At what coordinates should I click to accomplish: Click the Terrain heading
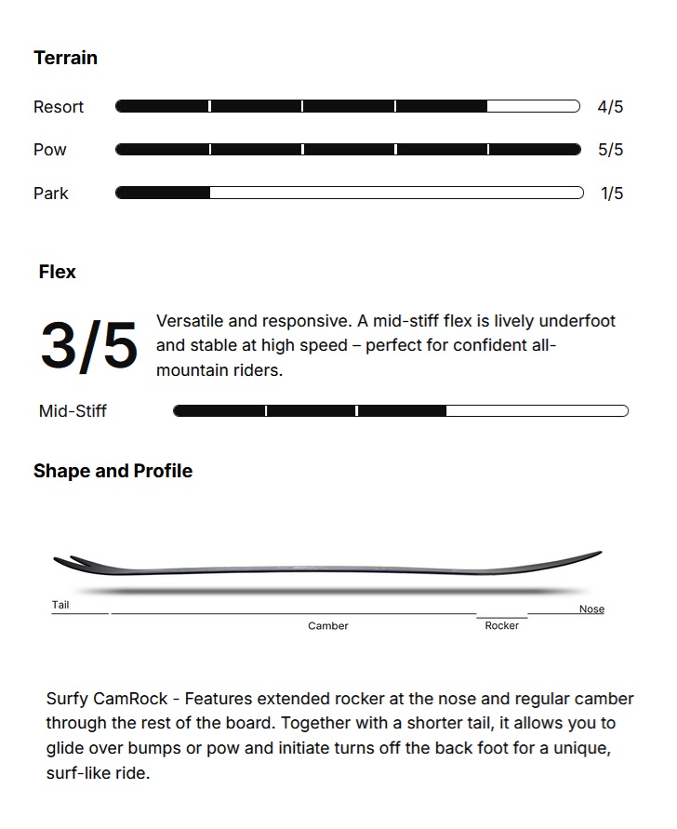click(65, 58)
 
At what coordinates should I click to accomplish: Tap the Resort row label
click(59, 107)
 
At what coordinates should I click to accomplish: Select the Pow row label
click(50, 150)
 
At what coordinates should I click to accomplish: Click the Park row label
click(51, 194)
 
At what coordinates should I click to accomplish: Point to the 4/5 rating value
click(610, 107)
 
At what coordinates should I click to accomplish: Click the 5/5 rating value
click(610, 150)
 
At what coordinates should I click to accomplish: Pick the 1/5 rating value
click(612, 194)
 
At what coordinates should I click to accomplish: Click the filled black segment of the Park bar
click(163, 193)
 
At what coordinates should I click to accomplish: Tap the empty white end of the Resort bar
click(532, 106)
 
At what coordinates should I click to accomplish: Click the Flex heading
click(58, 273)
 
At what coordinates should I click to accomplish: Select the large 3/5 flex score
click(88, 345)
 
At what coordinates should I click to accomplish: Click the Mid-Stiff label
click(73, 411)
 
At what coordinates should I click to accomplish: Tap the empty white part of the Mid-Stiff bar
click(537, 410)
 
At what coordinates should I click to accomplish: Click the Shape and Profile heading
click(113, 471)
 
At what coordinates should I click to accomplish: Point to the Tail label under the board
click(60, 605)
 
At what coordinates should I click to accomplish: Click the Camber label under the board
click(328, 626)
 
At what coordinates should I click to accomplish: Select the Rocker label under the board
click(502, 626)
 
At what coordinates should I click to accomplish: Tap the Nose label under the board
click(591, 609)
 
